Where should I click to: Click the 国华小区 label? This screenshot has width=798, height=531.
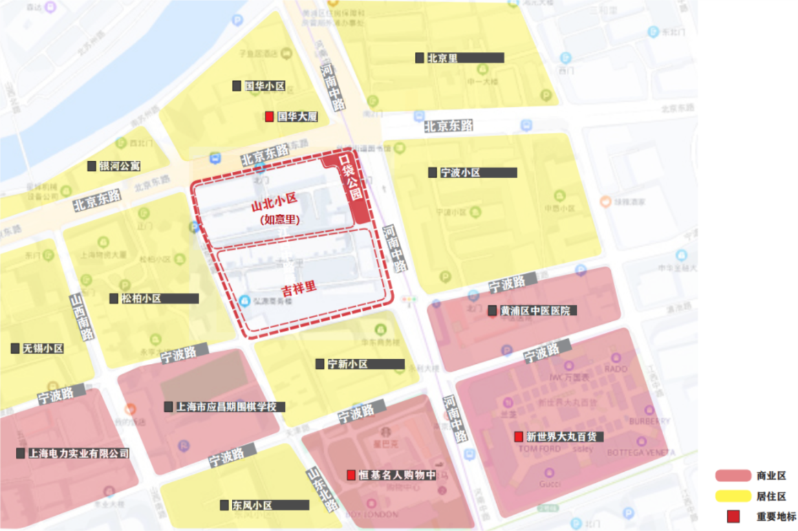[x=264, y=87]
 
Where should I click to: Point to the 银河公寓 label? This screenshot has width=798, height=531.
[x=119, y=166]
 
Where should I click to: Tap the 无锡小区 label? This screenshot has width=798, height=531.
[x=43, y=349]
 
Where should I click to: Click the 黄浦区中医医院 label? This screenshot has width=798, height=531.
[x=535, y=311]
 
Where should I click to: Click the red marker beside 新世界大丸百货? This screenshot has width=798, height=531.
[x=519, y=437]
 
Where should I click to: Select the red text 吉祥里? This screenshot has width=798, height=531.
[x=299, y=288]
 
